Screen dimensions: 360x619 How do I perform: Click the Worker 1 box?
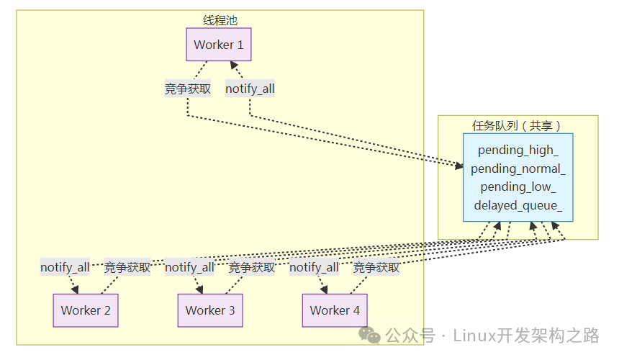click(x=219, y=45)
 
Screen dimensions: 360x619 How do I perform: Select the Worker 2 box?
click(x=86, y=310)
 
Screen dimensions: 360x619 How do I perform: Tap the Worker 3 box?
click(x=210, y=310)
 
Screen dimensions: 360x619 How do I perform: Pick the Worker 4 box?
click(x=335, y=310)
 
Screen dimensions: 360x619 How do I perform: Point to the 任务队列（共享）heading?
click(x=518, y=125)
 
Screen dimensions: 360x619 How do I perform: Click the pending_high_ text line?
click(x=518, y=150)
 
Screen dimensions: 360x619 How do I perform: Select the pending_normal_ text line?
click(x=518, y=169)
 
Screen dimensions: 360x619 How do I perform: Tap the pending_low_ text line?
click(x=518, y=187)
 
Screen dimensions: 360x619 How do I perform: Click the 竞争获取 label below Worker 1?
click(x=188, y=89)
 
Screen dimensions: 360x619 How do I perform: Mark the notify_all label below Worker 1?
click(x=250, y=89)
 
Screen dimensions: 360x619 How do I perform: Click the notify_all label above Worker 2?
click(x=65, y=267)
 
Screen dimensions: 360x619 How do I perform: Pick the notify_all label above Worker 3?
click(x=189, y=267)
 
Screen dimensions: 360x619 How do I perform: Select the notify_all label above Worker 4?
click(x=314, y=267)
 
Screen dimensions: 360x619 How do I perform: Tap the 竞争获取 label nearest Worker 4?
click(x=376, y=267)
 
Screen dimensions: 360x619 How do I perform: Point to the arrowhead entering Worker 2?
click(x=75, y=289)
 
